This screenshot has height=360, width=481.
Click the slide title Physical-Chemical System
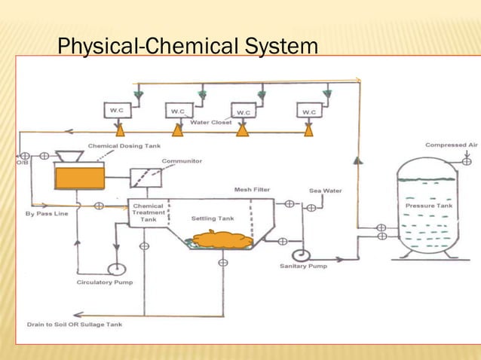click(188, 47)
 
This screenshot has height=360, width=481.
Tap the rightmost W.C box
click(308, 111)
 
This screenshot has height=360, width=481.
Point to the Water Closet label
click(210, 122)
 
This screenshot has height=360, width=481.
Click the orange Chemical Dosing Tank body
click(79, 178)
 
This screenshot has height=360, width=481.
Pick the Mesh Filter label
click(252, 190)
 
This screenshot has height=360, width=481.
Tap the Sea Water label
click(326, 191)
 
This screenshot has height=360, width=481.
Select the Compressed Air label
click(451, 145)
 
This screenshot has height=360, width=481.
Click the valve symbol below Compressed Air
click(467, 160)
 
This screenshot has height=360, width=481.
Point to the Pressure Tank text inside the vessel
click(428, 205)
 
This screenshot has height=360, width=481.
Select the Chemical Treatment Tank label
click(148, 212)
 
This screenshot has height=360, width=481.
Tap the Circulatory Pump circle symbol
click(116, 269)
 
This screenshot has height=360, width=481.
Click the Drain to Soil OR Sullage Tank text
click(74, 325)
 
